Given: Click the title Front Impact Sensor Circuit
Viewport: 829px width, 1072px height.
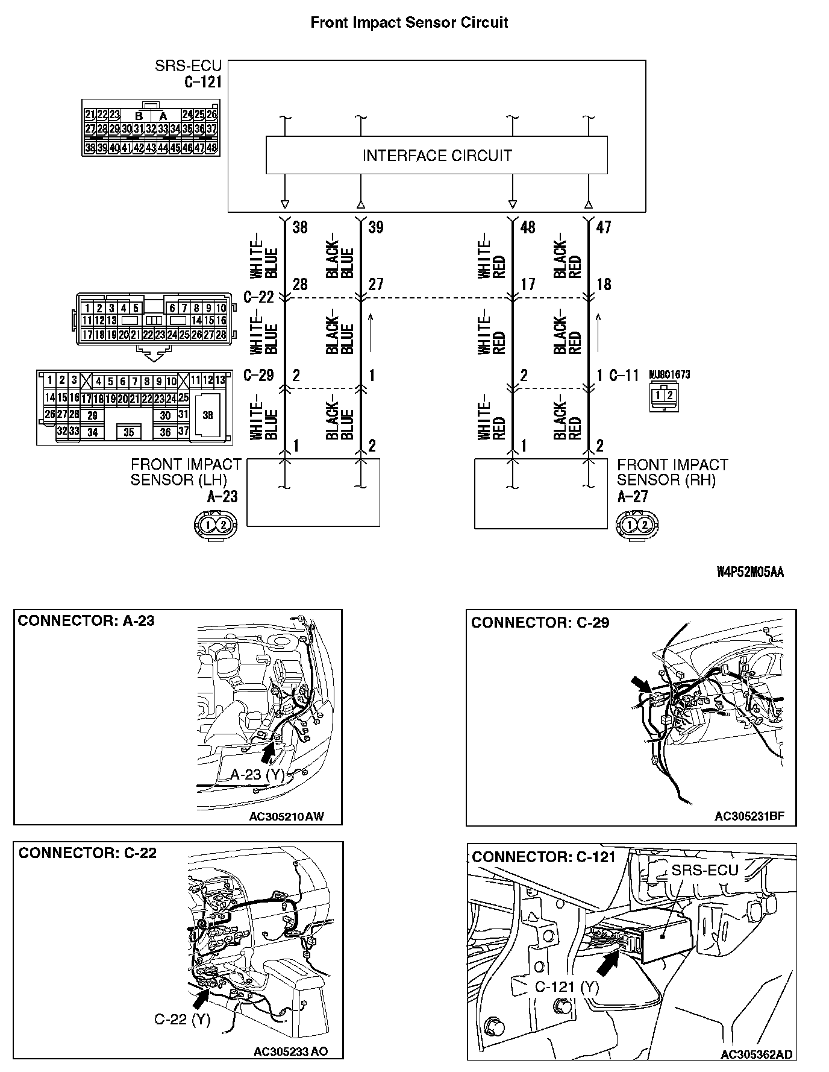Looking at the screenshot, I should pos(409,23).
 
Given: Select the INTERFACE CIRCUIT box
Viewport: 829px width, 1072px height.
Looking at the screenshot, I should pos(437,156).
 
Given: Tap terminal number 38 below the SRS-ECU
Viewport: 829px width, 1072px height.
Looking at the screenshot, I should pos(299,227).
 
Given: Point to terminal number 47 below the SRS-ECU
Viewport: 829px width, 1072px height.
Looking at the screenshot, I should pos(603,227).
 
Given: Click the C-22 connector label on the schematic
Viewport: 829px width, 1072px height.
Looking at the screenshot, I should pos(258,297).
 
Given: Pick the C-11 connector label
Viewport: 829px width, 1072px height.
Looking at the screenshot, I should pos(624,376).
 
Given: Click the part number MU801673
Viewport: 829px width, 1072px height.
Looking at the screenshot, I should pos(669,374).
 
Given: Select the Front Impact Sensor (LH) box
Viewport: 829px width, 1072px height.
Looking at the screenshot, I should pos(313,493).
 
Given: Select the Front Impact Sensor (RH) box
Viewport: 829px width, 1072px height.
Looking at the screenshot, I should pos(541,493).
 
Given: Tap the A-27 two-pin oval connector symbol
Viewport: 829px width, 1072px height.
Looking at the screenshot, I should pos(637,525).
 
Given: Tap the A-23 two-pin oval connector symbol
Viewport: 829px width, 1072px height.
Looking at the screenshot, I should pos(216,525).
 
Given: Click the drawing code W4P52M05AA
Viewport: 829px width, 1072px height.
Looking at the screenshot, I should pos(750,572).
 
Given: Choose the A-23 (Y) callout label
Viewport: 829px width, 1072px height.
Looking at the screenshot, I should pos(257,775).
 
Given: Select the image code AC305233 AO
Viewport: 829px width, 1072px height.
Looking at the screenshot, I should pos(290,1052).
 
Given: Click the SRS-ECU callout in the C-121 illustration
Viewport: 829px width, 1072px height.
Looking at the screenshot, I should pos(704,871).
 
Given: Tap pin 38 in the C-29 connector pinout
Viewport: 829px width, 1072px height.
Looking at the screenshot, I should pos(208,415).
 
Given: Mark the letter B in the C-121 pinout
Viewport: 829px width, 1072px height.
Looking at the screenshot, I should pos(139,116).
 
